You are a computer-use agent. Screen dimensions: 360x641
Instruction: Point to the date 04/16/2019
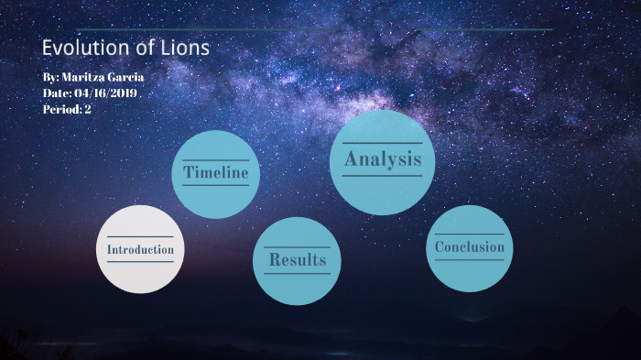(x=106, y=93)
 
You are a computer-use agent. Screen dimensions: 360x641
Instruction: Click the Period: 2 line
(x=67, y=109)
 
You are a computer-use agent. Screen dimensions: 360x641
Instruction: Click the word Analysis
(x=383, y=159)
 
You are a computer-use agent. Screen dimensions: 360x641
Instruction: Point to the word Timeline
(x=216, y=172)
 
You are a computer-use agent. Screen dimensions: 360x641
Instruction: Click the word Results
(x=297, y=259)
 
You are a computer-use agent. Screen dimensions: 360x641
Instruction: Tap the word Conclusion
(x=470, y=247)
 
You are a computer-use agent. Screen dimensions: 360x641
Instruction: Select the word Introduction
(x=140, y=249)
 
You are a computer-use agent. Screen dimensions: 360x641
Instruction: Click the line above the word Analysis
(x=383, y=144)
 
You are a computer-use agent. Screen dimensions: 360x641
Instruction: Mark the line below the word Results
(x=297, y=273)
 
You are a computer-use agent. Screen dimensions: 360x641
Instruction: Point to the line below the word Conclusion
(x=470, y=260)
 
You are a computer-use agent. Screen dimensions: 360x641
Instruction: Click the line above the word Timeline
(x=216, y=159)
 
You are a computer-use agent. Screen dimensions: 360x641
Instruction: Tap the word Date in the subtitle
(x=56, y=93)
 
